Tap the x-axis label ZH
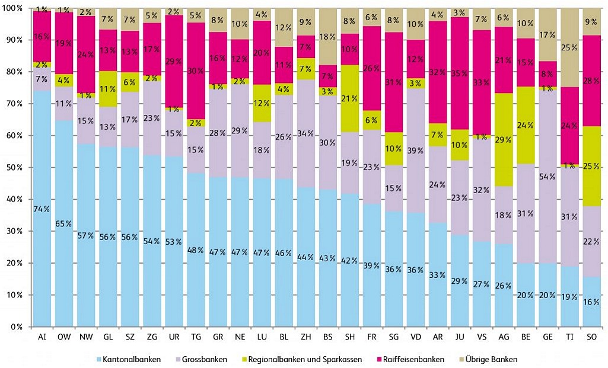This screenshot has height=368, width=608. point(306,337)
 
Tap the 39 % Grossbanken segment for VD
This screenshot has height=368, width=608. point(416,151)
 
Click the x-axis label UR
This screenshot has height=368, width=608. point(174,337)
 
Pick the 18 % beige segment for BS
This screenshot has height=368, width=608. point(328,37)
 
